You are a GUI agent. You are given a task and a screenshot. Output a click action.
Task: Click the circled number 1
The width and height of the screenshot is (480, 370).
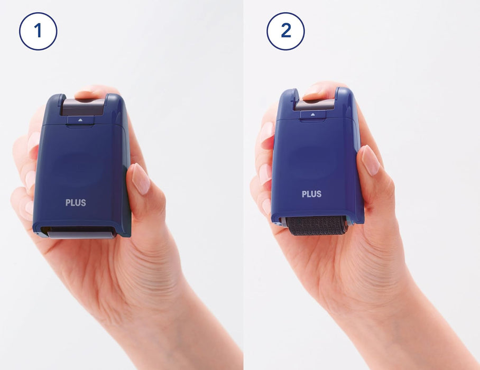[38, 31]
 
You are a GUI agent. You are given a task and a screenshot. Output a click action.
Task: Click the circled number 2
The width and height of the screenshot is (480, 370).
[285, 31]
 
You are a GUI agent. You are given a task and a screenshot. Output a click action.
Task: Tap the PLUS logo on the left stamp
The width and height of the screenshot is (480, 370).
[76, 202]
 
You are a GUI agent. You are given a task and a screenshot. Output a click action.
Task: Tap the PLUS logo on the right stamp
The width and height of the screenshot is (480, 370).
[312, 194]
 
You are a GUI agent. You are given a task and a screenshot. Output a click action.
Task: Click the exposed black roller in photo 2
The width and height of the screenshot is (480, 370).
[317, 226]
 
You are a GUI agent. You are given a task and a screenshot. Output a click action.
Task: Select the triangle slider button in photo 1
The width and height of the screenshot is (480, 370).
[80, 121]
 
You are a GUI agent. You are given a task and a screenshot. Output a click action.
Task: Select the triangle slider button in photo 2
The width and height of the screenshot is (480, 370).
[313, 115]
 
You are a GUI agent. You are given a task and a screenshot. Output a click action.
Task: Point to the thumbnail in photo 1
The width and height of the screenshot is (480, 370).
[141, 179]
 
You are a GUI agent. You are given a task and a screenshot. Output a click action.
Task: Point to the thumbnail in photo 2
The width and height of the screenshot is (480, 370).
[370, 160]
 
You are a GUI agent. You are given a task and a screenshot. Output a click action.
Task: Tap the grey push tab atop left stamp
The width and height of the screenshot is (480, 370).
[83, 107]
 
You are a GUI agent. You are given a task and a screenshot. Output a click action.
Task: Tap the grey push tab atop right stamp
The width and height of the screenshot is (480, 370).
[315, 104]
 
